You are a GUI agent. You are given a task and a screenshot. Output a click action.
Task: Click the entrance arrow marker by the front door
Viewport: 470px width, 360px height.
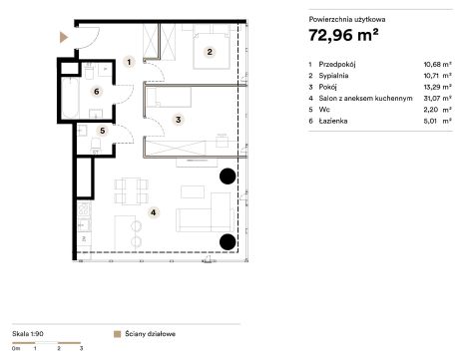(x=64, y=38)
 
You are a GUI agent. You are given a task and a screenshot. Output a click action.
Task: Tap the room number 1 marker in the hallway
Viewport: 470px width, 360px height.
(x=129, y=62)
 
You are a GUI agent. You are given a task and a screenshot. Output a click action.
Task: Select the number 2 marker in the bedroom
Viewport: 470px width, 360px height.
(x=210, y=52)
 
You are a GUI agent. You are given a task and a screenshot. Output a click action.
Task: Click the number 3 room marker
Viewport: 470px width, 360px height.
(x=179, y=120)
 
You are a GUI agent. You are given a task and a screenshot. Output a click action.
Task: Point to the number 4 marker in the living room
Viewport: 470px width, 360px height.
(x=153, y=212)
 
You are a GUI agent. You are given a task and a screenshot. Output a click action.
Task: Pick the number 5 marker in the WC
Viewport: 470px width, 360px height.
(x=103, y=131)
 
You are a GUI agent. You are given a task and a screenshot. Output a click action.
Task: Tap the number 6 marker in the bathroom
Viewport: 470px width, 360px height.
(x=97, y=92)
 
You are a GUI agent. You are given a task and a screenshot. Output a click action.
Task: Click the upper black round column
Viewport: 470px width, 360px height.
(x=228, y=177)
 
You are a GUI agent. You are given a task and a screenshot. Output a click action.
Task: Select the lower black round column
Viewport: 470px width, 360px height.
(x=228, y=241)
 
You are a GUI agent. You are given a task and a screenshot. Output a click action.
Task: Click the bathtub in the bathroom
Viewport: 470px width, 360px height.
(x=70, y=98)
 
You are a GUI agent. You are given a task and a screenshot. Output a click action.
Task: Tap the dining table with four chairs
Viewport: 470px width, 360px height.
(x=132, y=191)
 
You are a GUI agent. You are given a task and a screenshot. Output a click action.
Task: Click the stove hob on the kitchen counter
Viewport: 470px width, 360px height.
(x=84, y=208)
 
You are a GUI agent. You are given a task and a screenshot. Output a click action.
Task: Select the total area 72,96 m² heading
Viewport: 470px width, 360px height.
(x=343, y=35)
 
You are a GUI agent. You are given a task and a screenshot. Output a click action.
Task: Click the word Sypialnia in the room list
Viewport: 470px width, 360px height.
(x=333, y=76)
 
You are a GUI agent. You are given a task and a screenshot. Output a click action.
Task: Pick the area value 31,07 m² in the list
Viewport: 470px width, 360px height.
(x=437, y=99)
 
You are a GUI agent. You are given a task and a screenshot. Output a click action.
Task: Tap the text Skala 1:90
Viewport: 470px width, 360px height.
(x=28, y=334)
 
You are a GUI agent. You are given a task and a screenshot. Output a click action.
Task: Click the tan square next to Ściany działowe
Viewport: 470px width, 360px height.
(x=117, y=334)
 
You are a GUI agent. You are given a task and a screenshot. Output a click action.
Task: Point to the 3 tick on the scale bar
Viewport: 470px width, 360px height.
(x=81, y=348)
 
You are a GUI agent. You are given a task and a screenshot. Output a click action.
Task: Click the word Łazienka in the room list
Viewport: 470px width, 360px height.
(x=333, y=121)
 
